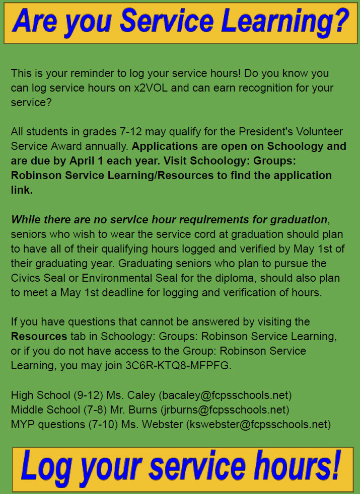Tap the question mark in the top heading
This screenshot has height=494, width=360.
pyautogui.click(x=340, y=21)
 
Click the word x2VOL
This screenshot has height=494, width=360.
pyautogui.click(x=153, y=88)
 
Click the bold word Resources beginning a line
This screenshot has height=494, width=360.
pyautogui.click(x=39, y=336)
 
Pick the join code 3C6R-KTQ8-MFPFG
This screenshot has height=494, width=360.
pyautogui.click(x=178, y=365)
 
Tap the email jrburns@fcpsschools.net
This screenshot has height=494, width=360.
pyautogui.click(x=224, y=409)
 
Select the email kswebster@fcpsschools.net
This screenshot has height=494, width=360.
pyautogui.click(x=258, y=424)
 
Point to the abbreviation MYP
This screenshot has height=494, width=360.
pyautogui.click(x=22, y=424)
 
